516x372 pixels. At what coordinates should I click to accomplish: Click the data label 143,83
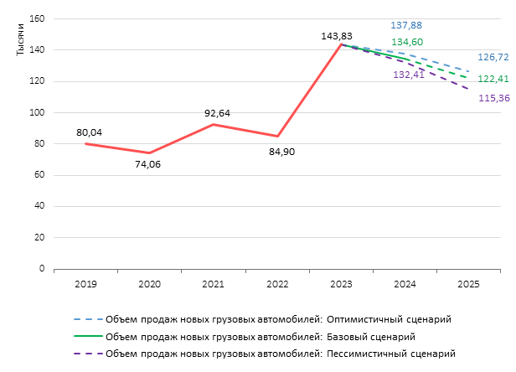[x=337, y=36]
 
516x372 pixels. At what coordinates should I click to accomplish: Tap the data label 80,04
[x=89, y=132]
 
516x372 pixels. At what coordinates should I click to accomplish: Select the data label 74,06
[x=147, y=164]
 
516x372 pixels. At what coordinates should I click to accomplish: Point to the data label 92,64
[x=217, y=113]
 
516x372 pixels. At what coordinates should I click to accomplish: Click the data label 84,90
[x=282, y=152]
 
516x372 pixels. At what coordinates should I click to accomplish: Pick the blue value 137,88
[x=406, y=25]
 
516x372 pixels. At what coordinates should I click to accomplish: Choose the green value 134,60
[x=407, y=42]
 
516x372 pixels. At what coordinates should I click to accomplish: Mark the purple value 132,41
[x=409, y=75]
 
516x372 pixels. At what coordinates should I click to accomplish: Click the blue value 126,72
[x=493, y=57]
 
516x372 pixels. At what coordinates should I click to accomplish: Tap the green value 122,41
[x=493, y=79]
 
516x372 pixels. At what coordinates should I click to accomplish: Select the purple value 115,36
[x=494, y=98]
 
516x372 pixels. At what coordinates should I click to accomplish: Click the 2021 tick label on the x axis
[x=213, y=284]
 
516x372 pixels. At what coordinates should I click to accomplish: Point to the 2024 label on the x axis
[x=405, y=284]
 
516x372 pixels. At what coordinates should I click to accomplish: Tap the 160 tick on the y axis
[x=37, y=18]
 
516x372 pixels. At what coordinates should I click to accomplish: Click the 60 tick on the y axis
[x=39, y=175]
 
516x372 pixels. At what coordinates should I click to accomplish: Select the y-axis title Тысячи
[x=20, y=39]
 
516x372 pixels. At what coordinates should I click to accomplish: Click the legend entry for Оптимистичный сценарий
[x=262, y=319]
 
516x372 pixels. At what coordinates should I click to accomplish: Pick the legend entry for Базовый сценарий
[x=245, y=337]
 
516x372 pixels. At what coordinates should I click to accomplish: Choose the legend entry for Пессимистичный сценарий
[x=265, y=354]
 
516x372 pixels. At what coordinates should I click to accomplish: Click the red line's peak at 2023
[x=341, y=44]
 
